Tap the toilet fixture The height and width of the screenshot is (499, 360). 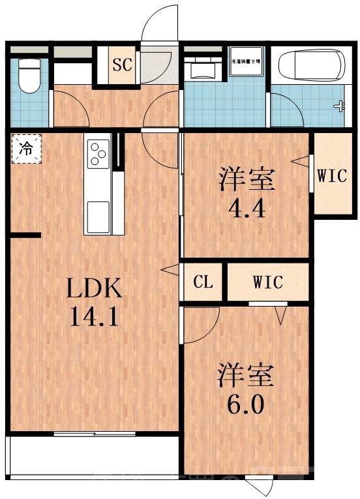coord(28,76)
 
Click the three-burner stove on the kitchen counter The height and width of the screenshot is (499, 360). coord(98,153)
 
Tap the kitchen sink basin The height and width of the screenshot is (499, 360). coord(98,214)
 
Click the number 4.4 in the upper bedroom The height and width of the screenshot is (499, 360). coord(245,210)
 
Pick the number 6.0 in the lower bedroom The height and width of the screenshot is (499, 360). coord(245,405)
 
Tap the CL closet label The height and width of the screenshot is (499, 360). coord(203,283)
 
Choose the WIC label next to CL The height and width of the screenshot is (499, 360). coord(267,283)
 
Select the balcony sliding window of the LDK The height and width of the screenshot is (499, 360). coord(95,434)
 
